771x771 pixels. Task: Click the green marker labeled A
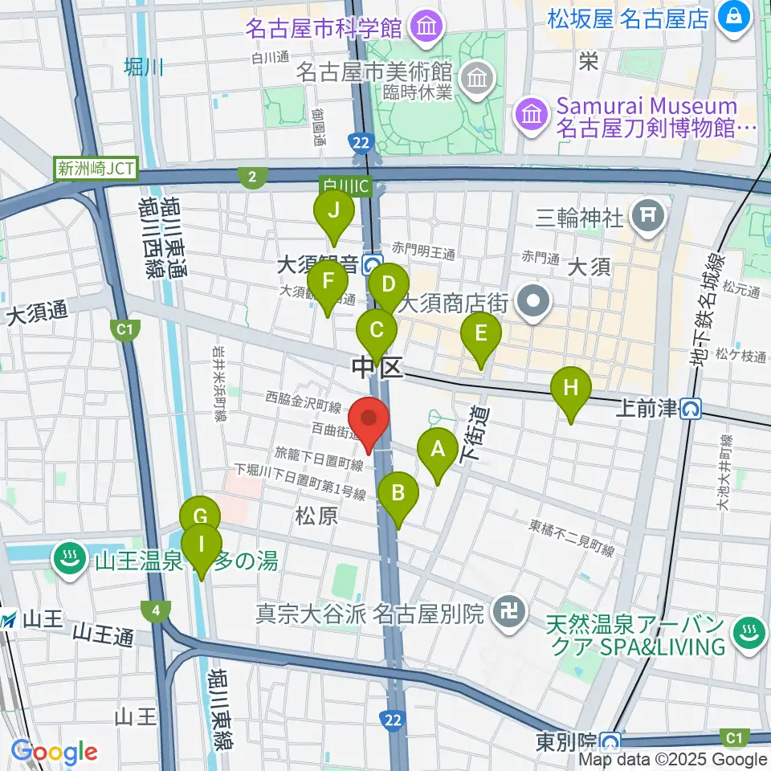tap(438, 451)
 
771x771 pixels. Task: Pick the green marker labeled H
tap(570, 390)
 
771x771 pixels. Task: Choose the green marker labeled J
tap(333, 213)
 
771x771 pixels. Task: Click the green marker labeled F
tap(327, 283)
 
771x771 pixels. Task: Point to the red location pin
tap(369, 421)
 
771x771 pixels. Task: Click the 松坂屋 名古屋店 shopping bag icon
tap(735, 15)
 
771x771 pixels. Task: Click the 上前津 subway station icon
tap(690, 410)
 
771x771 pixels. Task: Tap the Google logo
tap(54, 753)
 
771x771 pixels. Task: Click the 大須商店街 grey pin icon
tap(532, 303)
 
